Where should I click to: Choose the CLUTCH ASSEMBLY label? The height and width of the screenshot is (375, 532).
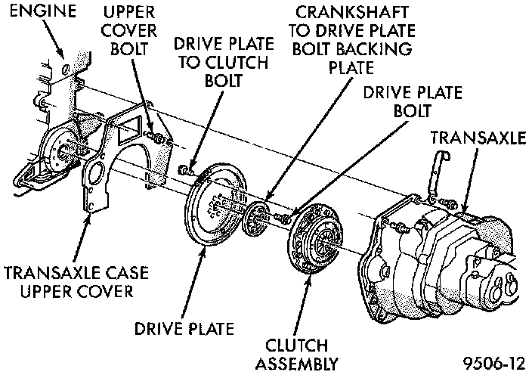coord(296,355)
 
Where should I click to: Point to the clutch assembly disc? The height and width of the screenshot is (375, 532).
coord(316,236)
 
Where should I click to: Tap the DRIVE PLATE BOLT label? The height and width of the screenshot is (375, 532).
coord(397,101)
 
